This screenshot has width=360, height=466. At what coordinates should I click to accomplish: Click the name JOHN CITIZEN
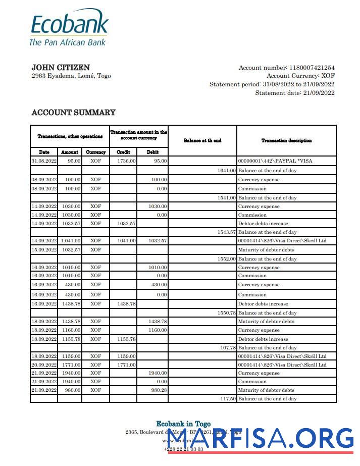pos(61,68)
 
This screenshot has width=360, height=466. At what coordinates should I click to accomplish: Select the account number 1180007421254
pos(311,68)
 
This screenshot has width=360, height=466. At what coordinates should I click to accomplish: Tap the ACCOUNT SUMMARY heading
pos(73,113)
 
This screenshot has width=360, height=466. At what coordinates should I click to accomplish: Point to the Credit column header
pos(124,152)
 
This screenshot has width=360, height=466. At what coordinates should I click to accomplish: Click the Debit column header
pos(152,152)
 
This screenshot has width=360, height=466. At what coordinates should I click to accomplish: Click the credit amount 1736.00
pos(126,161)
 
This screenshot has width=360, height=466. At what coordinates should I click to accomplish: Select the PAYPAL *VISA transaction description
pos(279,161)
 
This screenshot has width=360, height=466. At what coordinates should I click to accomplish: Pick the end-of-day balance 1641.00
pos(227,171)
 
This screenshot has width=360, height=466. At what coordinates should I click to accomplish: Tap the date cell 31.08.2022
pos(44,161)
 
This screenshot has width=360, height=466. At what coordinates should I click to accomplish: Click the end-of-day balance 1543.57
pos(227,232)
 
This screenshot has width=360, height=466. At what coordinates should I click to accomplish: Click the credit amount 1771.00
pos(126,365)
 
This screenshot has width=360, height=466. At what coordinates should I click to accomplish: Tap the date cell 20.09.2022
pos(44,365)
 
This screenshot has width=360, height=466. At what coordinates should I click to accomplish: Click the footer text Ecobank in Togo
pos(183,424)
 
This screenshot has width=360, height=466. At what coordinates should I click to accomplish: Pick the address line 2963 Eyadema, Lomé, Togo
pos(71,76)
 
